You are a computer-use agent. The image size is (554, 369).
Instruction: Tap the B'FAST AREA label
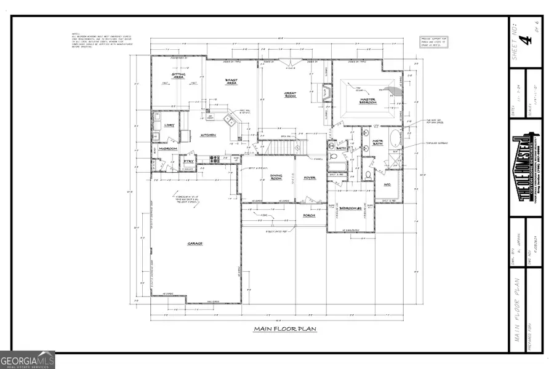click(x=231, y=81)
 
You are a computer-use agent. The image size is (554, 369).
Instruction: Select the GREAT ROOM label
click(x=290, y=95)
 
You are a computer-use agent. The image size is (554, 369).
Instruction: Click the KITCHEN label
click(x=207, y=135)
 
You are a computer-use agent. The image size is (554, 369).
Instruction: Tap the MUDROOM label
click(x=167, y=149)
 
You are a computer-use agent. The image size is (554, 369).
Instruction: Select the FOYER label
click(x=310, y=178)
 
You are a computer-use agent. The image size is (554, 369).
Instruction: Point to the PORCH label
click(x=309, y=215)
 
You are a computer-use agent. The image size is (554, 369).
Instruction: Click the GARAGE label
click(x=195, y=244)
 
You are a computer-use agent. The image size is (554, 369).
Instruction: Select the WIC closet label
click(x=388, y=184)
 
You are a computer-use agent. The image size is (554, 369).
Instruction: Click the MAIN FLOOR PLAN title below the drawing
click(x=284, y=330)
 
